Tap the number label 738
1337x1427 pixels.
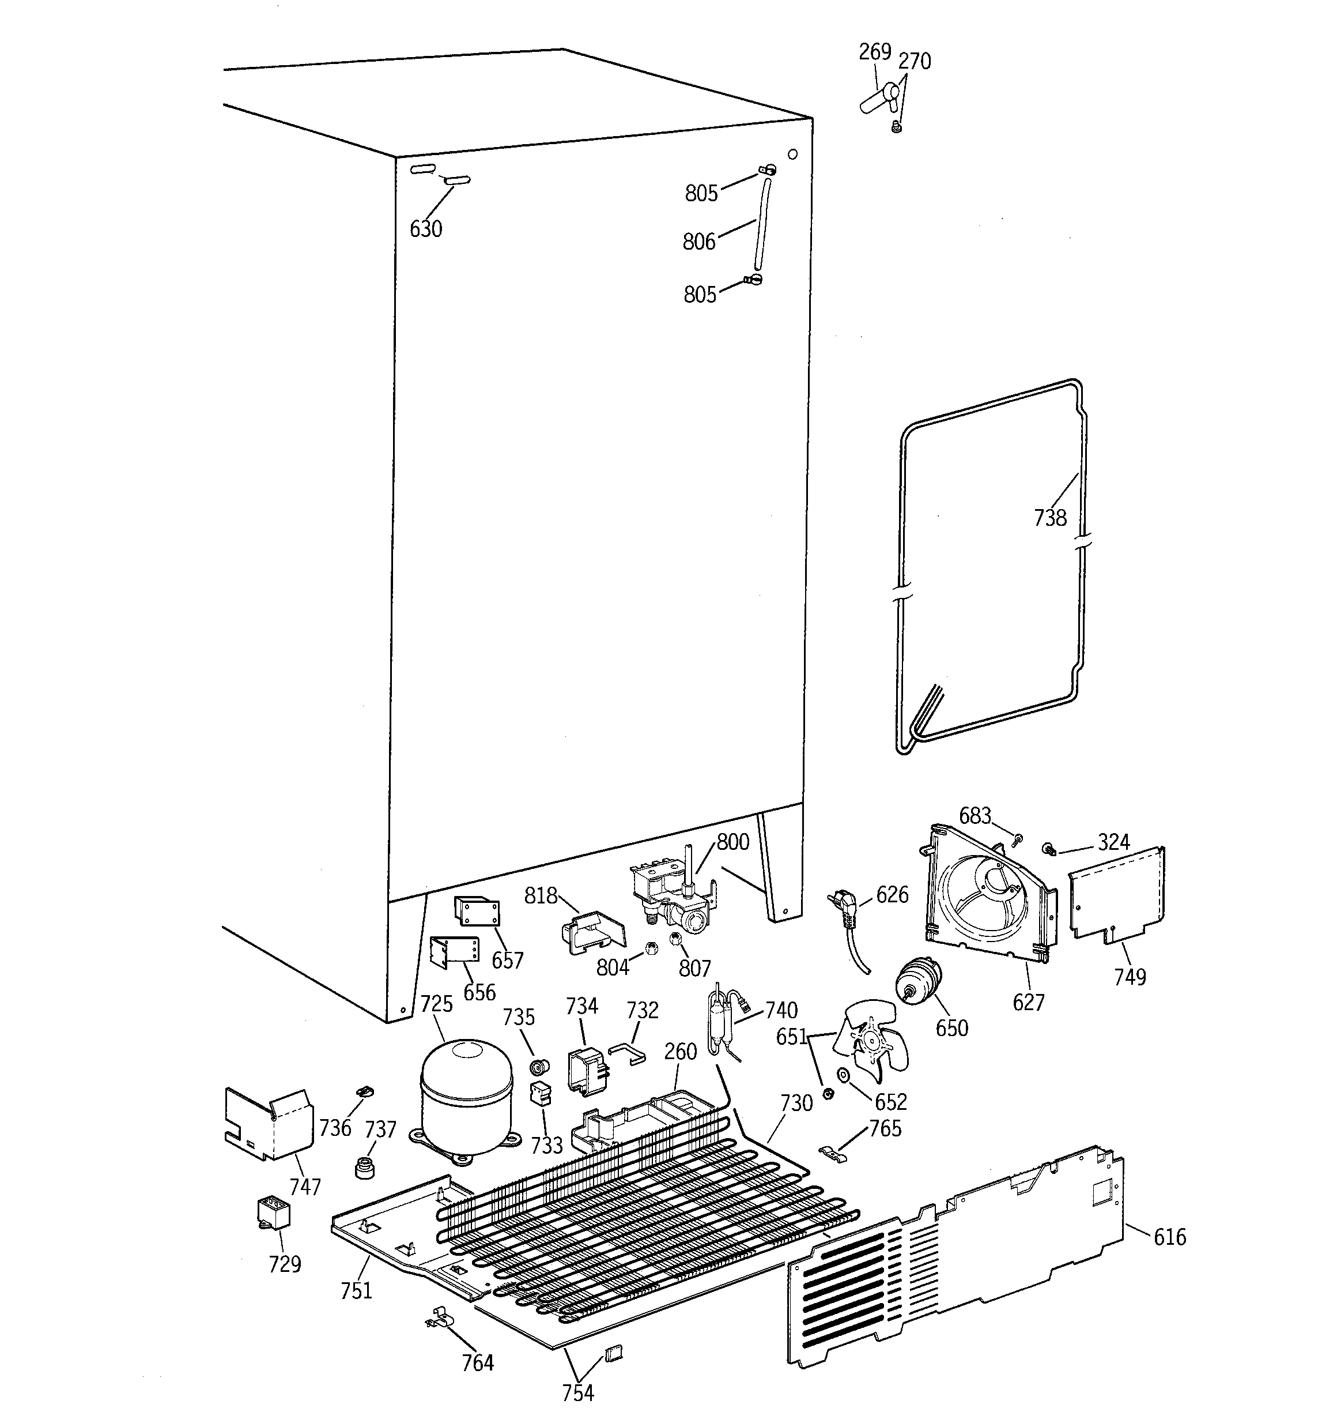point(1050,518)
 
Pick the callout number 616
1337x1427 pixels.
point(1170,1237)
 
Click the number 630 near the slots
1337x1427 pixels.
point(425,229)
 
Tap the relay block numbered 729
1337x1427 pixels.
point(273,1213)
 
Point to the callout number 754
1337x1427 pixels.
point(577,1392)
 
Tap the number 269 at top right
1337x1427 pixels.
point(875,52)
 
